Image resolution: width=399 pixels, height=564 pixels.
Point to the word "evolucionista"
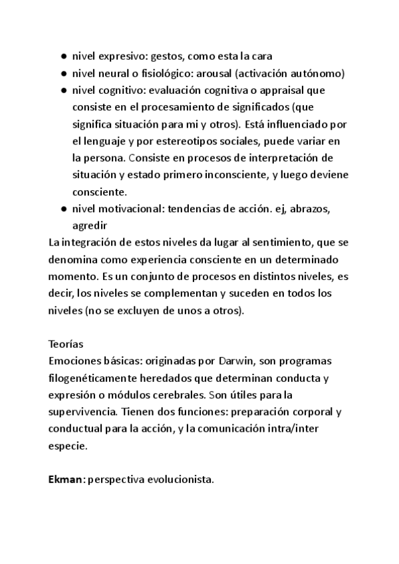(182, 480)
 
